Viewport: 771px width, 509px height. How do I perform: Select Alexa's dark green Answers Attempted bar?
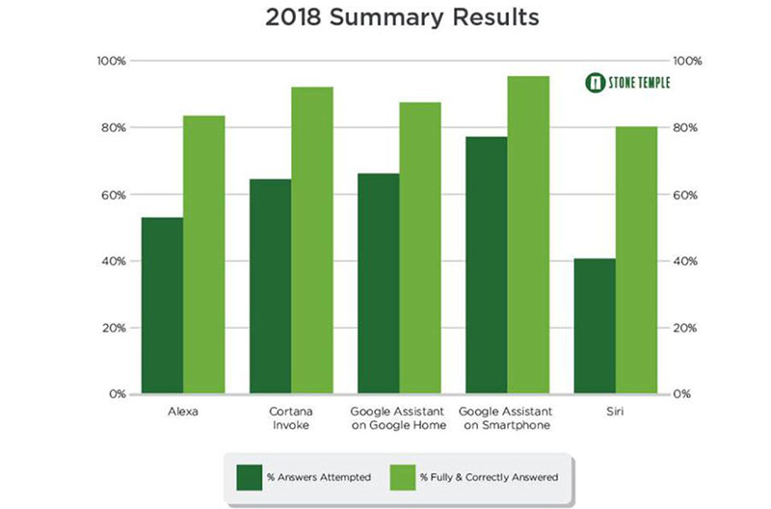162,306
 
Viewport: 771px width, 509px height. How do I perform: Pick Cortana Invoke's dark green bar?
270,286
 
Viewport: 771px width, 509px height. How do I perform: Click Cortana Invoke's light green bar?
312,240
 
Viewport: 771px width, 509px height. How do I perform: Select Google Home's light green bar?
420,248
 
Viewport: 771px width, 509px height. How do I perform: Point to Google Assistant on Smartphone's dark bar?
487,265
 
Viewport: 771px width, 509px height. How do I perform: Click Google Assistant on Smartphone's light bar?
528,235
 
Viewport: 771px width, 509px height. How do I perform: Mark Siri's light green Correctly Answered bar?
636,260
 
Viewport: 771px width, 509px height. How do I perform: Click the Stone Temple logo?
627,82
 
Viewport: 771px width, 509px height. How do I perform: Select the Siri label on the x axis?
616,412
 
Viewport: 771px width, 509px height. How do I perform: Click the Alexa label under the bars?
183,412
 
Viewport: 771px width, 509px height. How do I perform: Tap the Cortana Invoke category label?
291,418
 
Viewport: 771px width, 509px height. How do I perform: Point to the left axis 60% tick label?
113,195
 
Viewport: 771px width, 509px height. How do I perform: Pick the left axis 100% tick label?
111,61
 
